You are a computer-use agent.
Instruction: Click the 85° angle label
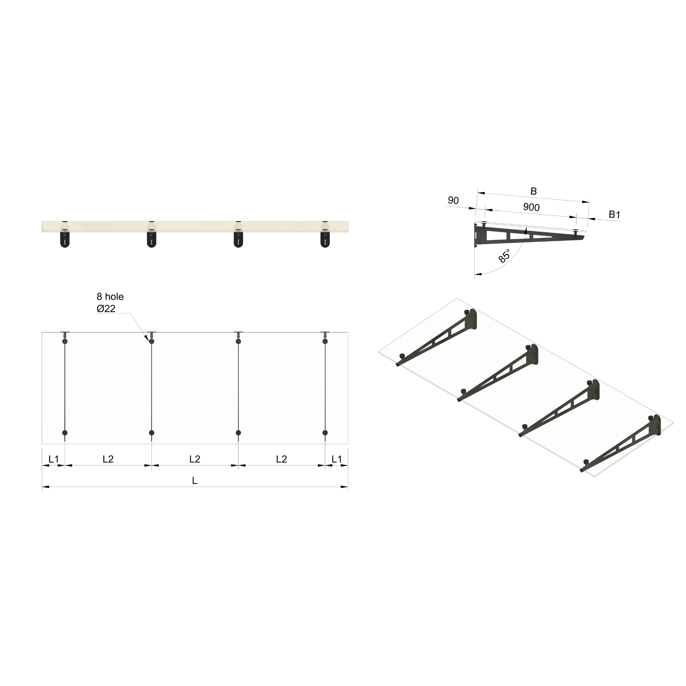[x=504, y=256]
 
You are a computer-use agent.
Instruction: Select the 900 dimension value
[x=531, y=207]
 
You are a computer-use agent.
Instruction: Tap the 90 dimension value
[x=453, y=201]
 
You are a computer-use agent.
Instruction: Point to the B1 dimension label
[x=614, y=214]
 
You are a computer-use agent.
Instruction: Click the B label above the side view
[x=533, y=191]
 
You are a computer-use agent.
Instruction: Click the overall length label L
[x=195, y=481]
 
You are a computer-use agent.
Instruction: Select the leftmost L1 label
[x=54, y=460]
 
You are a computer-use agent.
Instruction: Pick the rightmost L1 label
[x=337, y=460]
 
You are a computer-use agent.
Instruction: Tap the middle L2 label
[x=195, y=460]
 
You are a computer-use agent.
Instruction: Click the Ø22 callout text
[x=106, y=309]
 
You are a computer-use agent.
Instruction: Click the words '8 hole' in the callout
[x=110, y=297]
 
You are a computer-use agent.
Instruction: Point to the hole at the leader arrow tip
[x=152, y=342]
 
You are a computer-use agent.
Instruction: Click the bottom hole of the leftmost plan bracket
[x=65, y=433]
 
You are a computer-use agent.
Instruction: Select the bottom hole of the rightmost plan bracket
[x=325, y=433]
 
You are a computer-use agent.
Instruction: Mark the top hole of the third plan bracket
[x=238, y=342]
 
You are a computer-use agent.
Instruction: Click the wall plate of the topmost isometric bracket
[x=473, y=319]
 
